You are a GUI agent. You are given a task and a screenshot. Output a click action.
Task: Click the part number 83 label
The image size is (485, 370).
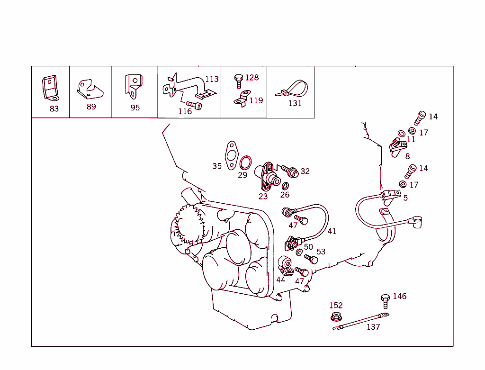pos(54,108)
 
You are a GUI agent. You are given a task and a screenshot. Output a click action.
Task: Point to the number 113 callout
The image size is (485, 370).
pos(212,79)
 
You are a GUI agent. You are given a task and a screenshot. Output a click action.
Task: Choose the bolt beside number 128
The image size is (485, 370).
pos(239,81)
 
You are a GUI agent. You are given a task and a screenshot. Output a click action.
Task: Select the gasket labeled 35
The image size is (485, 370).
pos(231,154)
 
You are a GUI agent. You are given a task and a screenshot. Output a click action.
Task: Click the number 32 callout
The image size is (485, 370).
pos(305,171)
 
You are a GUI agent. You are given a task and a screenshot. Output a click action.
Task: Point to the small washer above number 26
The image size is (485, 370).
pos(286,185)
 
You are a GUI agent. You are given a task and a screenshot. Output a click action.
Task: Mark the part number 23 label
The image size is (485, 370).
pos(263,196)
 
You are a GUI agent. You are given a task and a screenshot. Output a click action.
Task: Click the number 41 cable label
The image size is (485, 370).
pos(332,231)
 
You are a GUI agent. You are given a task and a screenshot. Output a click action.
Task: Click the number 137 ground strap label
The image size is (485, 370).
pos(373,327)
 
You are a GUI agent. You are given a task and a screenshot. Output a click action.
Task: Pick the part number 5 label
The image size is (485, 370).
pos(405,198)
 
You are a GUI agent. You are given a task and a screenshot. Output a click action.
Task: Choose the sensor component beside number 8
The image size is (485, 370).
pos(396,145)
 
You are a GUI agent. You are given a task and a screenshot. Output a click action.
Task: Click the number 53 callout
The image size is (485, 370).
pos(321,252)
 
